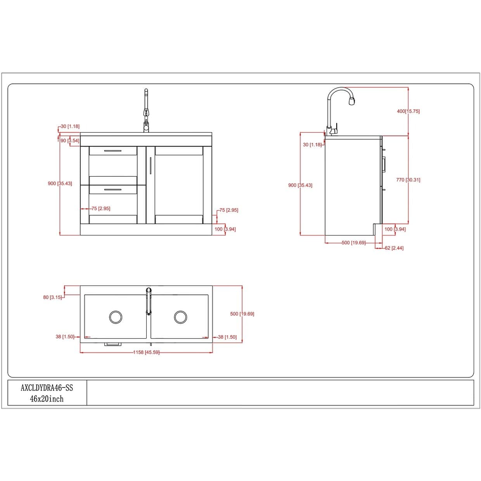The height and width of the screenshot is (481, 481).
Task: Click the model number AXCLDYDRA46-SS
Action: point(47,388)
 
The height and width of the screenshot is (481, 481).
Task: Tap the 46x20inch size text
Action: point(47,399)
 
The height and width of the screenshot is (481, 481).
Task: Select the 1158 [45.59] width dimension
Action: point(146,353)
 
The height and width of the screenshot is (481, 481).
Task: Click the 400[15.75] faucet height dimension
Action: point(408,111)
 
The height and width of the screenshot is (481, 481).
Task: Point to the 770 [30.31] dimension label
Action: point(408,180)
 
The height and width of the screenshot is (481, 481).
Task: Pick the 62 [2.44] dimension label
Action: point(394,248)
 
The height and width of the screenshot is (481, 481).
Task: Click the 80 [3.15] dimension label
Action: point(52,297)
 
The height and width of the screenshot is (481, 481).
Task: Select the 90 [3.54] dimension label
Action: point(70,141)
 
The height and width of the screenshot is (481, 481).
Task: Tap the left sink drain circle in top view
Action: point(116,317)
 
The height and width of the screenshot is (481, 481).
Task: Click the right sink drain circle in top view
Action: point(180,317)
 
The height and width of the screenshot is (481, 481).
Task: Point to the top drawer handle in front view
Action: point(113,151)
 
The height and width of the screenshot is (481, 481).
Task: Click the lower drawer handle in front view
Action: point(113,190)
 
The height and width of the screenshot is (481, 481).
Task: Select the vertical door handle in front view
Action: point(151,166)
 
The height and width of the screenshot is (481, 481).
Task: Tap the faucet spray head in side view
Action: point(352,101)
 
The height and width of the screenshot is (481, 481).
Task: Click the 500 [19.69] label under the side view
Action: point(353,242)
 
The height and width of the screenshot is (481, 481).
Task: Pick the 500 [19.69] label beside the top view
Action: point(242,314)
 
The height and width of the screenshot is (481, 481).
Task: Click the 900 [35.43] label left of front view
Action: point(60,183)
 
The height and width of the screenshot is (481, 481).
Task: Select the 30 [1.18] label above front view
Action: point(70,126)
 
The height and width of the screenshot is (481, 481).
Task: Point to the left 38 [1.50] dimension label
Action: point(65,337)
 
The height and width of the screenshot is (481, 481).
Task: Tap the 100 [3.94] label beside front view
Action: point(225,229)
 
